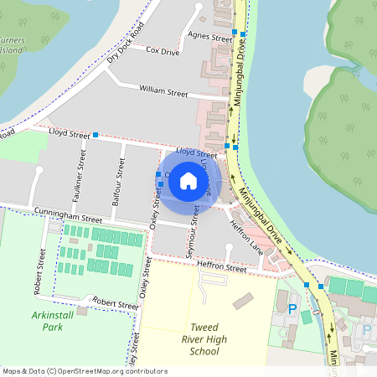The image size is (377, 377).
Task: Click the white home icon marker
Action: click(188, 180)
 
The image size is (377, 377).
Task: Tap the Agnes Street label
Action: click(209, 38)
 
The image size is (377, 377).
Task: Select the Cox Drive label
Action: click(163, 51)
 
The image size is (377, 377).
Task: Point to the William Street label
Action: click(163, 92)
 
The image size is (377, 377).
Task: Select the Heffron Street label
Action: click(221, 267)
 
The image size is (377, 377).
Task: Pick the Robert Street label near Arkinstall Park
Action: click(115, 302)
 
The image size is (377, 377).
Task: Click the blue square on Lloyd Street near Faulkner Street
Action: click(96, 134)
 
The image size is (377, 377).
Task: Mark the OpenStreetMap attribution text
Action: click(84, 371)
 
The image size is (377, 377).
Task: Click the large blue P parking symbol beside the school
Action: click(292, 309)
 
